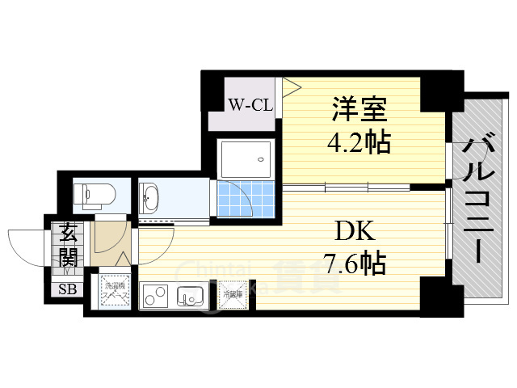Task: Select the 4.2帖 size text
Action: click(359, 142)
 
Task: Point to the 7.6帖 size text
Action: click(354, 263)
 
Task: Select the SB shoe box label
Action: click(65, 289)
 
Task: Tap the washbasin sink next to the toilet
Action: click(151, 196)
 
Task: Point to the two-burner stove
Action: click(157, 297)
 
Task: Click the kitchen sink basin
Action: click(191, 296)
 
